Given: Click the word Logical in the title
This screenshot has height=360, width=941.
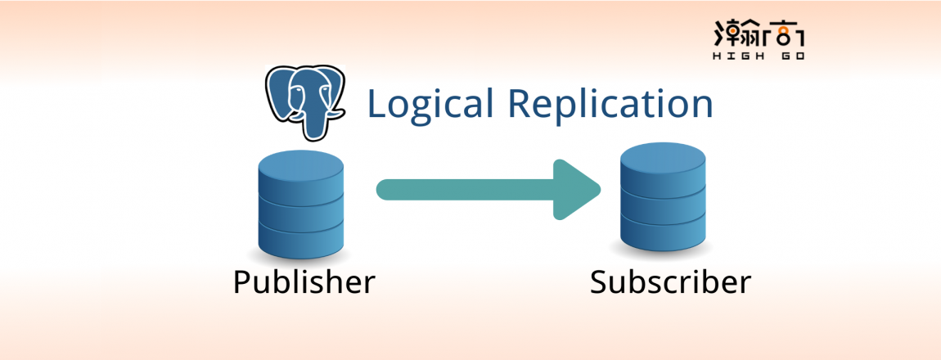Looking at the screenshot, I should (x=431, y=105).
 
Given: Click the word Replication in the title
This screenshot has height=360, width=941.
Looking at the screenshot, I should (x=610, y=105).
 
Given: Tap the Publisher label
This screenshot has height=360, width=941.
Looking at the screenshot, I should (x=304, y=283).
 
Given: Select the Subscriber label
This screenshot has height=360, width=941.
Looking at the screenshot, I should (x=670, y=283).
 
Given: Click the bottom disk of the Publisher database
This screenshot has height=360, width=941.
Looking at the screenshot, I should (x=301, y=238).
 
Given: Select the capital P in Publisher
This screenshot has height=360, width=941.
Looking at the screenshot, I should (x=241, y=282).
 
